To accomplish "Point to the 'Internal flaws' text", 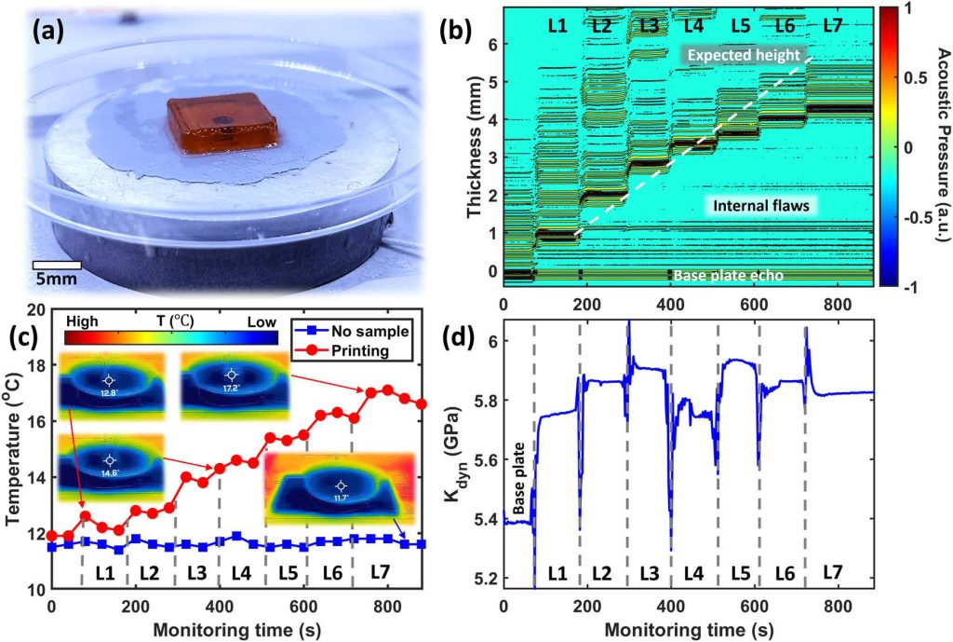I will (755, 204).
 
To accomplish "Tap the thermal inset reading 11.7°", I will (343, 486).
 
